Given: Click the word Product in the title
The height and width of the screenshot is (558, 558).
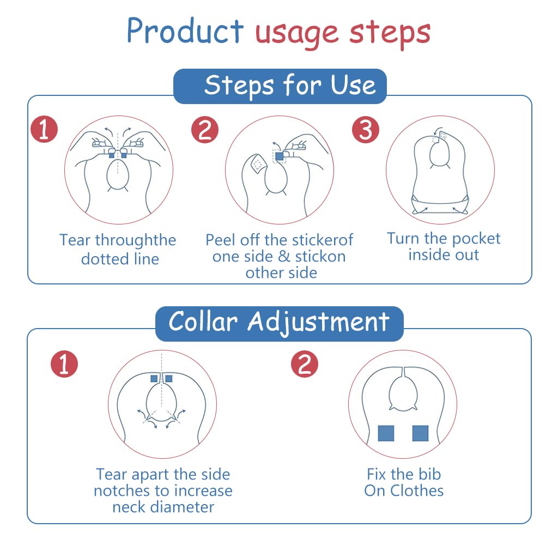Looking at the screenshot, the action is click(x=185, y=31).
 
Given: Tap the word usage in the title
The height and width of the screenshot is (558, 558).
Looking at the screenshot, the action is click(x=297, y=34).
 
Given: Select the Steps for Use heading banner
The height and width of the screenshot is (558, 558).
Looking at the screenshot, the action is click(x=280, y=87).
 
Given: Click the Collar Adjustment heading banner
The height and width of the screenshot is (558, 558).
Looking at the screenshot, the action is click(x=280, y=324).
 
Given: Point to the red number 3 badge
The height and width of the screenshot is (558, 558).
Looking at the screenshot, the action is click(x=366, y=130).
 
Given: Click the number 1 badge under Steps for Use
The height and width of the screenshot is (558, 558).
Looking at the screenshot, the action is click(x=44, y=129).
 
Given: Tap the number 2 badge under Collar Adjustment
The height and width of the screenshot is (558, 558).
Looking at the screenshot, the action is click(x=305, y=363).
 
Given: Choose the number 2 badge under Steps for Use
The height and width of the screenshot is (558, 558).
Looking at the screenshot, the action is click(x=205, y=130).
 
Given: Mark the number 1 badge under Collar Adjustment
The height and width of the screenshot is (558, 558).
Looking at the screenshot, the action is click(x=64, y=363).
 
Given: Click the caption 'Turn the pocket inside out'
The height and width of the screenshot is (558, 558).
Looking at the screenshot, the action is click(x=444, y=247).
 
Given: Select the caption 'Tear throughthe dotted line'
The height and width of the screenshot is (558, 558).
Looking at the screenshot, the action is click(x=118, y=250).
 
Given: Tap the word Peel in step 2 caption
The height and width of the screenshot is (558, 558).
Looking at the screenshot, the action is click(x=221, y=240).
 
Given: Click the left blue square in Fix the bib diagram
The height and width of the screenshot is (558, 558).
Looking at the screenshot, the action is click(x=386, y=433).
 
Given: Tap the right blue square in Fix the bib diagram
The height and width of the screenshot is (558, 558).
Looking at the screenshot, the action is click(x=420, y=433).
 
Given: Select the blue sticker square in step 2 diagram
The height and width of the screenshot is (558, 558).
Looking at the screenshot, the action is click(x=280, y=156).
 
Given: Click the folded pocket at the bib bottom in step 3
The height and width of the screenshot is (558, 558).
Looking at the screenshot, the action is click(x=440, y=205).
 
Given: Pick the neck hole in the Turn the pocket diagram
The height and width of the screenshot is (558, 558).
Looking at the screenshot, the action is click(x=440, y=153).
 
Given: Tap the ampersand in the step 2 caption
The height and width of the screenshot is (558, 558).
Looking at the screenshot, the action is click(x=284, y=257).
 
